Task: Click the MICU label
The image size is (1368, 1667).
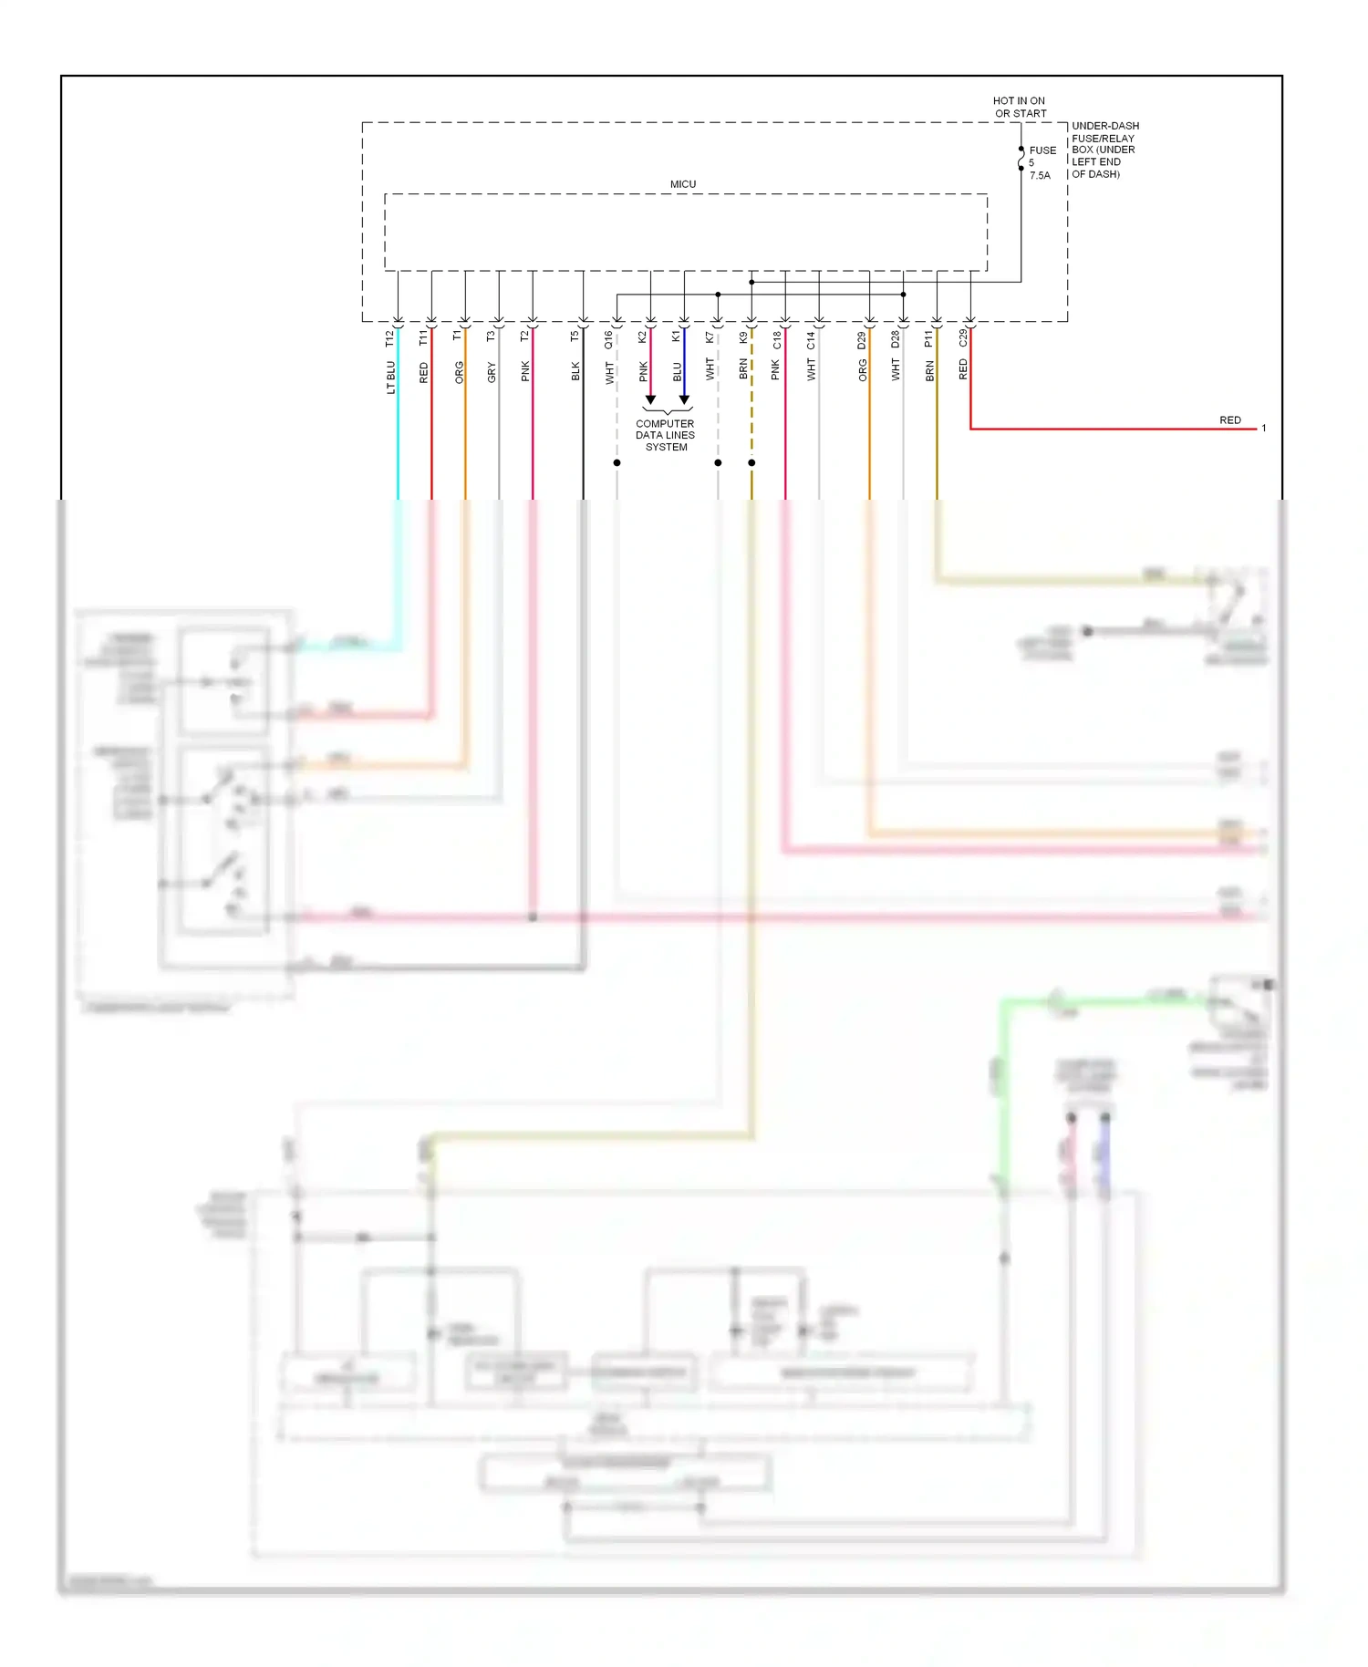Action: coord(682,184)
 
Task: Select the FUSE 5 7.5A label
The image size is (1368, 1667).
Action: coord(1042,162)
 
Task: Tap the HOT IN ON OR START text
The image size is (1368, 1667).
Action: coord(1019,108)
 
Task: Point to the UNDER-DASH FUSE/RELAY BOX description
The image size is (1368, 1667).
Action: coord(1104,150)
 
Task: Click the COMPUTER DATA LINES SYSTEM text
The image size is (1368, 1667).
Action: coord(665,435)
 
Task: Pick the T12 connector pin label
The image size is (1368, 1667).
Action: coord(389,338)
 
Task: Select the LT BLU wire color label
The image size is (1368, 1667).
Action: coord(390,377)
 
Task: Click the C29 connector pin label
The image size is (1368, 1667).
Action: coord(963,338)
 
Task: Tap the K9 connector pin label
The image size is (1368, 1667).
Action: coord(743,337)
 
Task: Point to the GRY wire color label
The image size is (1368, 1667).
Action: coord(492,372)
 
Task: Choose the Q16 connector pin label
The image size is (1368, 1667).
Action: coord(608,339)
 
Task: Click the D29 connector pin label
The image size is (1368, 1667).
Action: coord(862,340)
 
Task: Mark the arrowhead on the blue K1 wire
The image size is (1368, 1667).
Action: coord(684,399)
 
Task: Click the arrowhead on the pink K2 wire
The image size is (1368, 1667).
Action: coord(650,399)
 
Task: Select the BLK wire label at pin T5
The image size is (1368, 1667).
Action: coord(575,371)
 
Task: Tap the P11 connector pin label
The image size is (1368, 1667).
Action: coord(928,338)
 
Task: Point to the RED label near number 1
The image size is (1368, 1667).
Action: coord(1229,420)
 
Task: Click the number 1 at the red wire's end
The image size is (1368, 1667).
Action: coord(1263,429)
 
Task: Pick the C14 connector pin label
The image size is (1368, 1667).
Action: coord(811,340)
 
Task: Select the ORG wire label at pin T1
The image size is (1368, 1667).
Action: coord(459,372)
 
